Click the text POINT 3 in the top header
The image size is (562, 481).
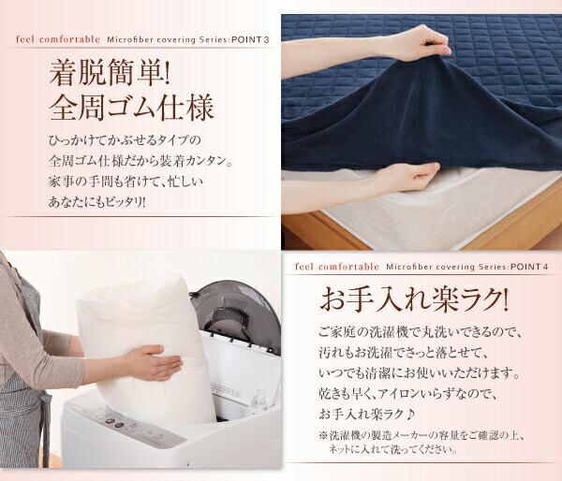[250, 39]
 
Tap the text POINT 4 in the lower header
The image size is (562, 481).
[529, 267]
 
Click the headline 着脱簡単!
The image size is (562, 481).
[110, 73]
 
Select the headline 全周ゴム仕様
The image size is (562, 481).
[131, 107]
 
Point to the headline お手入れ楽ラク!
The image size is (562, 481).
[414, 300]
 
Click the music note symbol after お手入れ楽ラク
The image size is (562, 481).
[411, 415]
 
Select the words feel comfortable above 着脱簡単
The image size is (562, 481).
[58, 39]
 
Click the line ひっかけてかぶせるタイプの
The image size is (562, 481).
[125, 140]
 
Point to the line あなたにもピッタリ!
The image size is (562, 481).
[97, 202]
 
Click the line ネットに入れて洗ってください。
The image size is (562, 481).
[393, 449]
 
